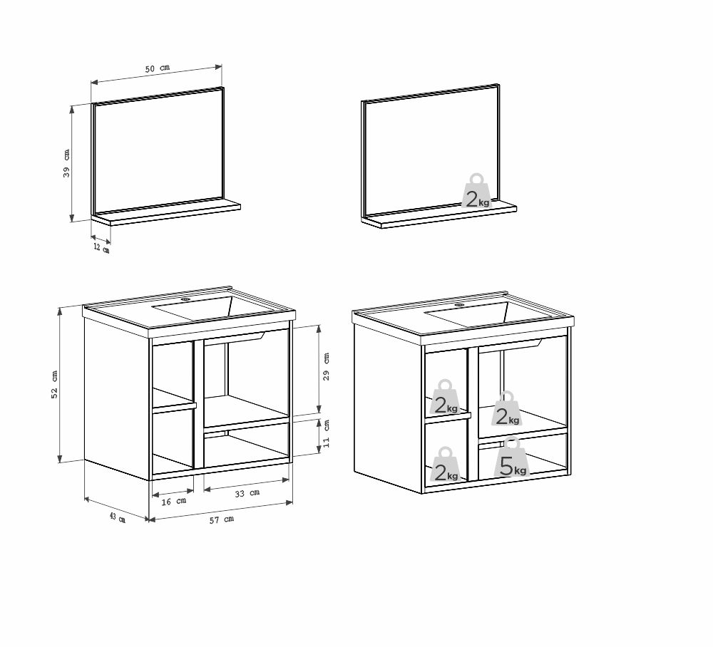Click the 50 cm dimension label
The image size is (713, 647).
[x=158, y=68]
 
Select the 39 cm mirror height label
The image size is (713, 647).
[x=66, y=163]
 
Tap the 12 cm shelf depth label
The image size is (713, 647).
[x=101, y=247]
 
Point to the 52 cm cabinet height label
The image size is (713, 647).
[x=54, y=385]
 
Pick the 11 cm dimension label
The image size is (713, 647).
[x=327, y=433]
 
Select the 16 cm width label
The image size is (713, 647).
[x=174, y=501]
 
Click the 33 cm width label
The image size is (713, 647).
[x=247, y=492]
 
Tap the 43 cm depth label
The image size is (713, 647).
[x=117, y=517]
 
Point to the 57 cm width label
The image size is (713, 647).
[x=222, y=519]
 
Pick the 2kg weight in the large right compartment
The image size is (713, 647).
[x=508, y=410]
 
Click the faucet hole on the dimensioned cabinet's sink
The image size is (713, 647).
[x=187, y=300]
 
